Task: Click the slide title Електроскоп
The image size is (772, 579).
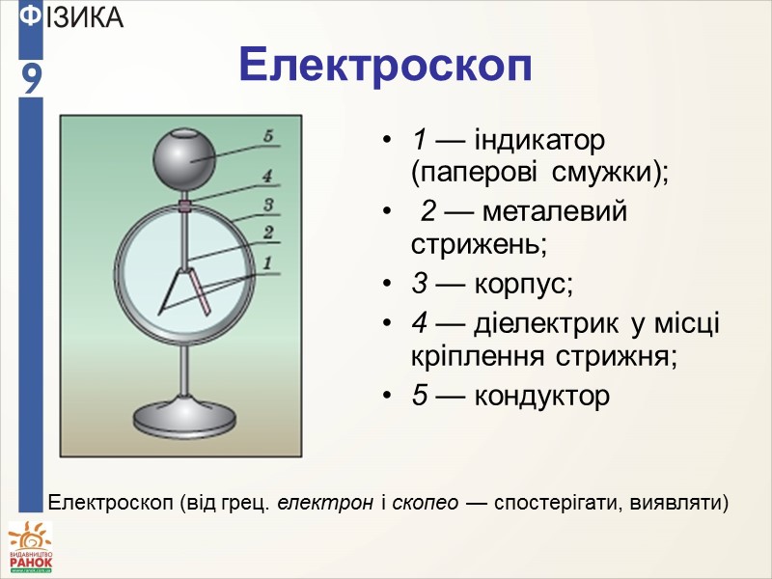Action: [385, 66]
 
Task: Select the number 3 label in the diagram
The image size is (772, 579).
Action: [269, 204]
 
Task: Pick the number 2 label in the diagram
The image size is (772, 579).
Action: [269, 232]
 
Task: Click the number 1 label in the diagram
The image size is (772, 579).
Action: [269, 260]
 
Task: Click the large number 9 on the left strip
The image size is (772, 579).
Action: [32, 78]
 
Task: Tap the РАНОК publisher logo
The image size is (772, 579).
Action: [30, 548]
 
